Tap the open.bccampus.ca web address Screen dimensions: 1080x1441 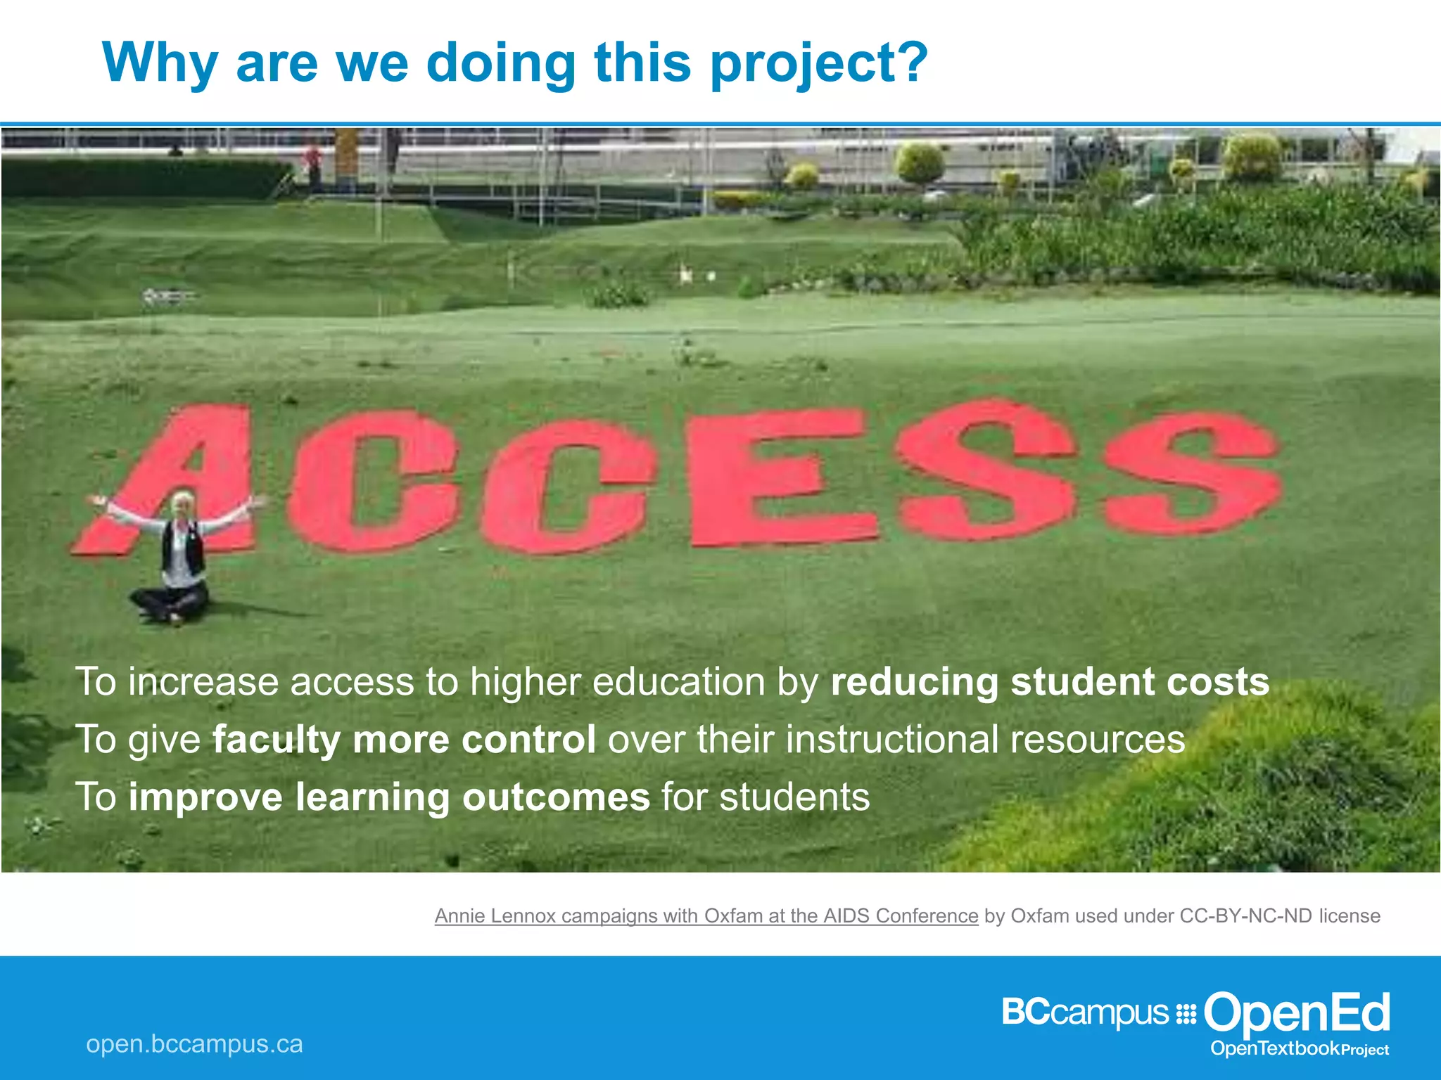click(194, 1044)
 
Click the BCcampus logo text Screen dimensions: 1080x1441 click(1084, 1013)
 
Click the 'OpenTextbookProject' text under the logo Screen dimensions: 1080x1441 click(1299, 1049)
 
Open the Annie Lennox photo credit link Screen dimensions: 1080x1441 click(706, 915)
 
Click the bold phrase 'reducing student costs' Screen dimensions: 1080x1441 click(1050, 682)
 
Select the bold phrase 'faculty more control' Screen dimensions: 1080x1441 click(404, 740)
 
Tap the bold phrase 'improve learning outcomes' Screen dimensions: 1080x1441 click(388, 797)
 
